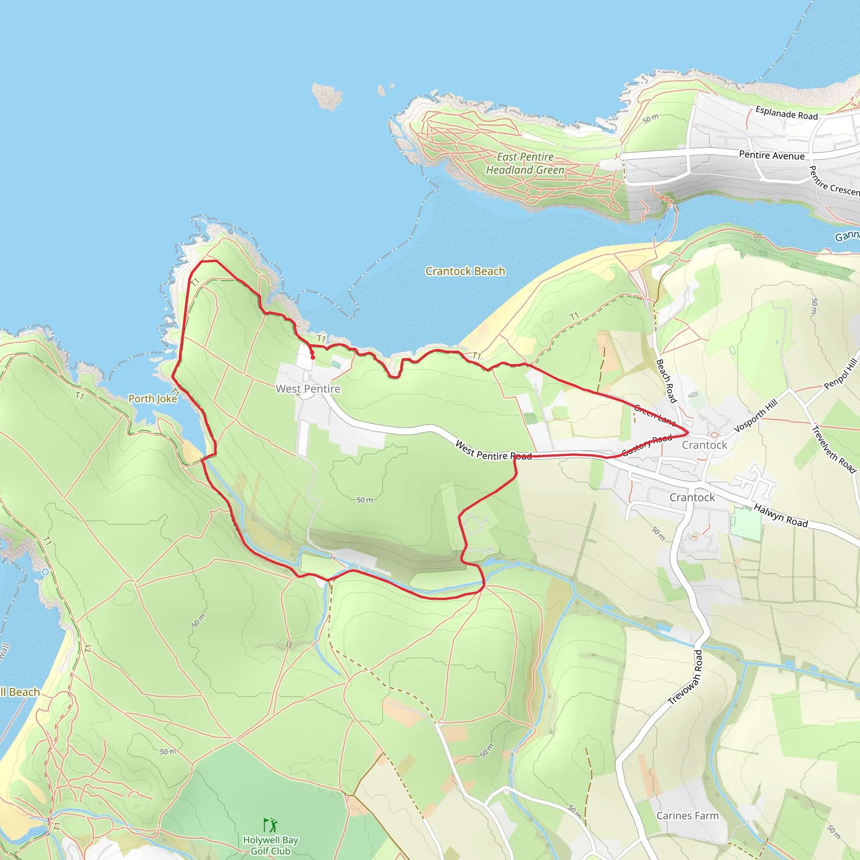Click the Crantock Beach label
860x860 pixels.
tap(465, 271)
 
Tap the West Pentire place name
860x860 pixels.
tap(308, 388)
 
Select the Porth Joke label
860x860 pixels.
tap(152, 399)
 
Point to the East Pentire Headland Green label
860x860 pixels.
tap(525, 163)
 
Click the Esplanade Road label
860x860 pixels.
tap(787, 113)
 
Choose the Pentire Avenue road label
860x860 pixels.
tap(772, 155)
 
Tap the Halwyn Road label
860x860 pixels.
tap(780, 516)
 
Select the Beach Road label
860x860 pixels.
tap(666, 381)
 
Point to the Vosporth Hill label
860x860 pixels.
tap(755, 415)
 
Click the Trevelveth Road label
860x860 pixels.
tap(834, 450)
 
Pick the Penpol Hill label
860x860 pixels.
tap(840, 374)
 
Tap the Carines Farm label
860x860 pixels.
tap(688, 815)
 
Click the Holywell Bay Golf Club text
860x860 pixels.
tap(270, 845)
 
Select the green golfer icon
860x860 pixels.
tap(270, 825)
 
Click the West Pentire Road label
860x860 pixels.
tap(493, 451)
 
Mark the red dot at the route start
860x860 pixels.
tap(313, 357)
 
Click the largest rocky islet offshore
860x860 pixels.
tap(327, 96)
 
